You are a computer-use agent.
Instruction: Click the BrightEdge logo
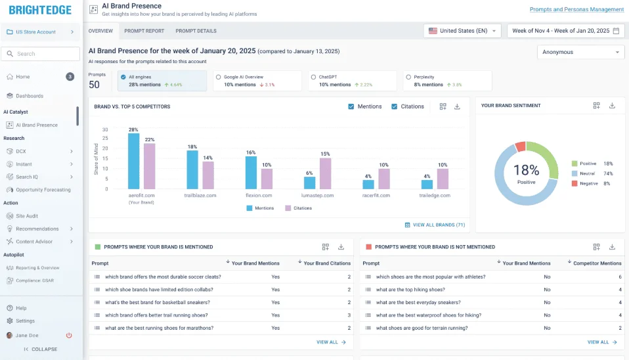(x=40, y=11)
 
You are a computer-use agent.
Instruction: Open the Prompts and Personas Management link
(x=576, y=9)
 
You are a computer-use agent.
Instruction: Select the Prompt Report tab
(x=144, y=31)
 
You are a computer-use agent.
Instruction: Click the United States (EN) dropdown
(x=464, y=31)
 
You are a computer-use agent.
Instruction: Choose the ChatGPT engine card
(x=353, y=81)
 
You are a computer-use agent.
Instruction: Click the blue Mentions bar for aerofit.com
(x=133, y=161)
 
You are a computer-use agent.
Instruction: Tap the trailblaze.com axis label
(x=200, y=195)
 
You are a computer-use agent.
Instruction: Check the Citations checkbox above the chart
(x=395, y=106)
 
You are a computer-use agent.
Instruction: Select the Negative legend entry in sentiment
(x=588, y=183)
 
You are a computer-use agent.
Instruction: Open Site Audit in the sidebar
(x=27, y=215)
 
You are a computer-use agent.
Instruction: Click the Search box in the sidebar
(x=41, y=54)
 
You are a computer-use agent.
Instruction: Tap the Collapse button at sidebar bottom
(x=41, y=349)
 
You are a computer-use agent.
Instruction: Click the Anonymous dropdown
(x=580, y=52)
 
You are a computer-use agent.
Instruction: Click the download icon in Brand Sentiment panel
(x=612, y=106)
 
